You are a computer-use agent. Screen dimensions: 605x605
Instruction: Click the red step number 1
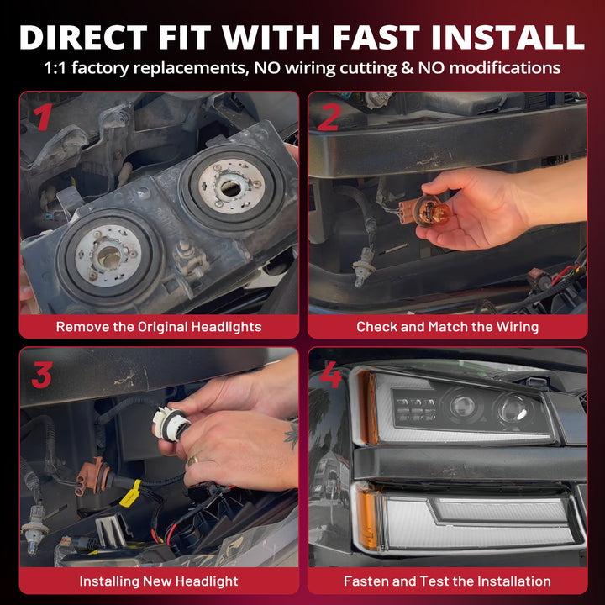point(43,117)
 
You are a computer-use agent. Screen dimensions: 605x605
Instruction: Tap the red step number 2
point(329,117)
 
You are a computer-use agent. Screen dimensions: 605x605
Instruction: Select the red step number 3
point(42,374)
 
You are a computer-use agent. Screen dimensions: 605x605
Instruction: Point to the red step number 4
point(331,374)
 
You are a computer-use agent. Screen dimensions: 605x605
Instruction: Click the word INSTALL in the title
point(508,37)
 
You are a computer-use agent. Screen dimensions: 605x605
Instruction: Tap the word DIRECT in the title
point(83,37)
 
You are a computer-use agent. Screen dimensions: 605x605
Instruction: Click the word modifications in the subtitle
point(505,68)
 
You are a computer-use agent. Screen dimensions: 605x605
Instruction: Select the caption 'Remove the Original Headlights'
point(159,327)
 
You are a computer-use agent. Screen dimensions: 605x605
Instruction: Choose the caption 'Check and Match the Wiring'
point(448,327)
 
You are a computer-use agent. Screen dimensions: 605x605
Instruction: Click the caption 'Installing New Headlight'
point(159,581)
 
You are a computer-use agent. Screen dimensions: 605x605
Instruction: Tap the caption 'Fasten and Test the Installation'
point(448,581)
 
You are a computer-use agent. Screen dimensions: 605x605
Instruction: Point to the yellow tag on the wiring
point(130,493)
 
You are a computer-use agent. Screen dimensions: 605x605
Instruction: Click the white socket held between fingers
point(171,424)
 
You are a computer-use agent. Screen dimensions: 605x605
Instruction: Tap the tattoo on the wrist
point(292,435)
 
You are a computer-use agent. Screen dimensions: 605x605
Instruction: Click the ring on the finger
point(192,460)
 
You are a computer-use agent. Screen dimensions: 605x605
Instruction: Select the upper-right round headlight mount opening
point(232,187)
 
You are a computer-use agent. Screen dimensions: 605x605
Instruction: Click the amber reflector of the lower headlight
point(367,516)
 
